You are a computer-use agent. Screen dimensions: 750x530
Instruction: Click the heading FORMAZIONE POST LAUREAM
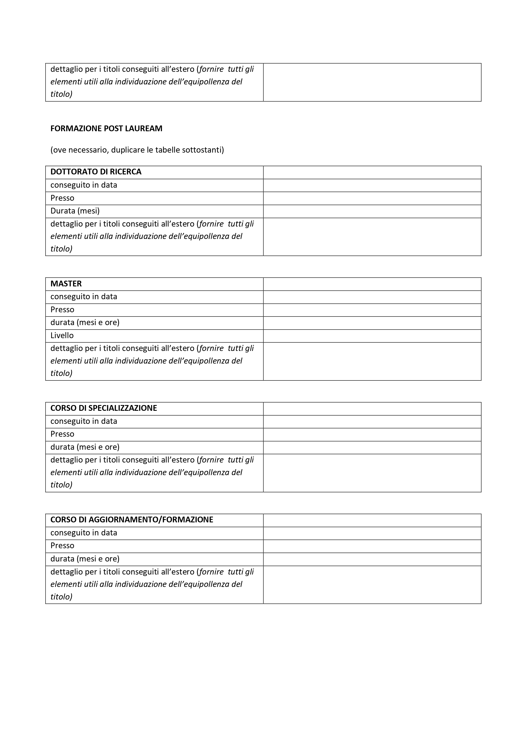106,128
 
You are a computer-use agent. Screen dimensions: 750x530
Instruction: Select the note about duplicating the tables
137,150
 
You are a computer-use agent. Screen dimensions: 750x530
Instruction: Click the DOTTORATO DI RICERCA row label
96,172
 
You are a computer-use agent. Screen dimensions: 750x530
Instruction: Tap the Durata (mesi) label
75,211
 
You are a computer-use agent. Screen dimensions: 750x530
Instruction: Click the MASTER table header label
66,284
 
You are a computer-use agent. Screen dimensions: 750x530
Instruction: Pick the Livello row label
62,336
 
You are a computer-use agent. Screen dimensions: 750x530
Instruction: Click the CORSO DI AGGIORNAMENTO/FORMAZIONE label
132,520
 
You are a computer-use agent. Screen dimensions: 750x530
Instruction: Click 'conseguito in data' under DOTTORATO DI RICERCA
84,185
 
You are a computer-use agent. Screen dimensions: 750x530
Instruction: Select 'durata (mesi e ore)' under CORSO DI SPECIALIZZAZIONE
85,447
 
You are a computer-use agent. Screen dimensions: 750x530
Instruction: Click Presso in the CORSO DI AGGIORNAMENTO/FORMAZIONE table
62,545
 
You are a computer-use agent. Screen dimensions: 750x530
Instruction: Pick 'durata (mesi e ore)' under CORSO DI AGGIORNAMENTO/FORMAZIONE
85,558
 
